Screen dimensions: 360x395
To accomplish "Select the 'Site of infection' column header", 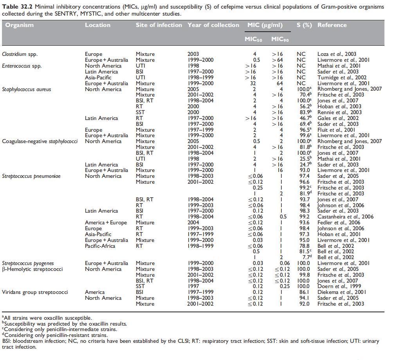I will click(x=159, y=25).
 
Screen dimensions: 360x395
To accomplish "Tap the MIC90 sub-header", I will click(x=280, y=39).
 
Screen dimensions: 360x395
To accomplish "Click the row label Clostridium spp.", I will click(x=20, y=54).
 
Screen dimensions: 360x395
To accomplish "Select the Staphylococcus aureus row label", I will click(x=27, y=89).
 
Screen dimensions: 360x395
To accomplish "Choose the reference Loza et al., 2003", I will click(x=337, y=54).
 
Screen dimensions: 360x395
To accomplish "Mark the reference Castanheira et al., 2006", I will click(x=345, y=217).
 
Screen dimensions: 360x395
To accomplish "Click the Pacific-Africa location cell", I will click(x=102, y=246).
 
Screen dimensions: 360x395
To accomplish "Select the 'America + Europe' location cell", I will click(x=106, y=222).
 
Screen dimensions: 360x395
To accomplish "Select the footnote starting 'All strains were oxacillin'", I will click(x=47, y=318).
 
